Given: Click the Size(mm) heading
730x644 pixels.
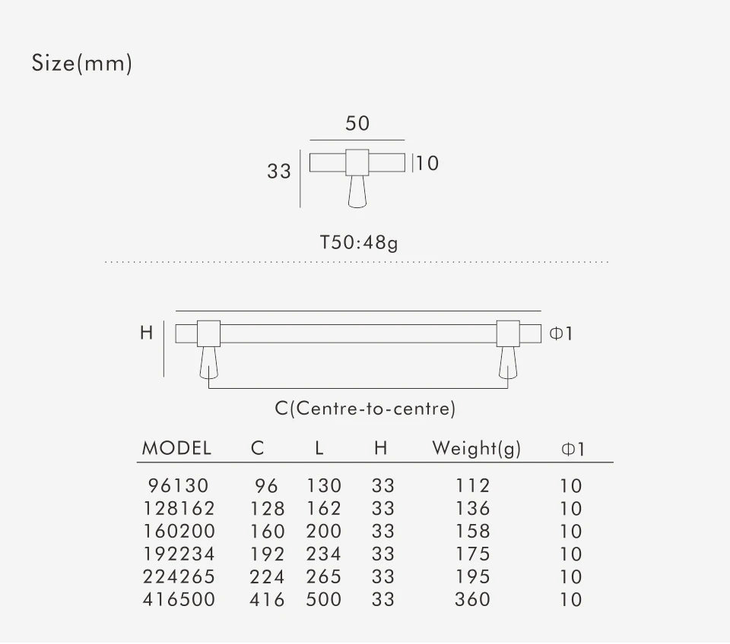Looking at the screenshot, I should [82, 64].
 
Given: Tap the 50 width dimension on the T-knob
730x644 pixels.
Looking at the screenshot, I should [357, 123].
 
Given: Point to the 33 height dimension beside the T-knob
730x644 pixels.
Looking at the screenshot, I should [279, 172].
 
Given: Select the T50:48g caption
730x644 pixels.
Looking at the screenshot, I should [359, 244].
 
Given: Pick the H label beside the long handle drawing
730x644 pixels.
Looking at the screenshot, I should [147, 333].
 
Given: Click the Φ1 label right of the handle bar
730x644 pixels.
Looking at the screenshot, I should [560, 333].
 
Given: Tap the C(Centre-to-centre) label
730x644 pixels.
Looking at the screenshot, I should [365, 409].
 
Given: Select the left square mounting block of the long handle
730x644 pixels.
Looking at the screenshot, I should [209, 333].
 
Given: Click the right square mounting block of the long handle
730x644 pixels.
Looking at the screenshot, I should [508, 333].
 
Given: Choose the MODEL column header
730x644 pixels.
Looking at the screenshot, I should [176, 448].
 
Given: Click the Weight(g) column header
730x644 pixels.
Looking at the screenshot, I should [477, 448].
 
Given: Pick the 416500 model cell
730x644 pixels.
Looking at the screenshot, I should [179, 600].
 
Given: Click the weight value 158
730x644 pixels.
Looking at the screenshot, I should [472, 532].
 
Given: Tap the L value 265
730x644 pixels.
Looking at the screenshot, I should [324, 577].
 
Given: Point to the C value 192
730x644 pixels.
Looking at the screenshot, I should [267, 554].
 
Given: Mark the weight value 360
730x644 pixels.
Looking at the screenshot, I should [472, 600].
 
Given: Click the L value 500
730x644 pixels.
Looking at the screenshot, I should [324, 600].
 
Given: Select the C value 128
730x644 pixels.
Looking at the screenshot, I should [267, 509].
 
